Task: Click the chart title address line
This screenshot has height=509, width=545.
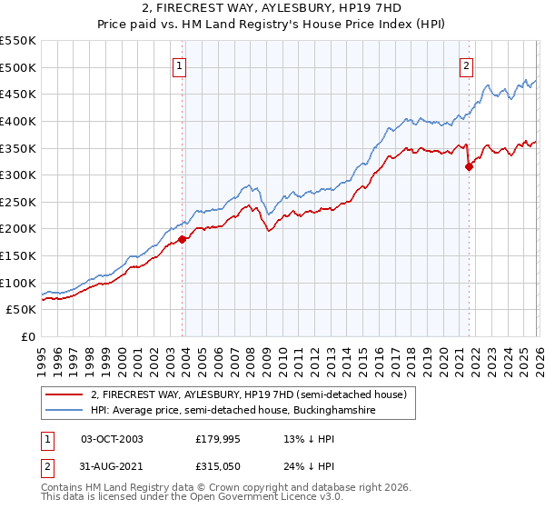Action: click(x=272, y=9)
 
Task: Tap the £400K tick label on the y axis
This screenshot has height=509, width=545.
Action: click(x=18, y=121)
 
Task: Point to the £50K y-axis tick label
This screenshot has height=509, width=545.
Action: click(x=22, y=310)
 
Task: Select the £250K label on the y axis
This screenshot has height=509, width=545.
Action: click(x=18, y=202)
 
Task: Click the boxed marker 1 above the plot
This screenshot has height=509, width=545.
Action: click(x=180, y=65)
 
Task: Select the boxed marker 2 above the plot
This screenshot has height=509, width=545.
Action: click(x=466, y=65)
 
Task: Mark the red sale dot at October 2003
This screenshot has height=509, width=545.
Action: click(x=182, y=239)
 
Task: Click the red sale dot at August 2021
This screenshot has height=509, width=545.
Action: click(x=469, y=166)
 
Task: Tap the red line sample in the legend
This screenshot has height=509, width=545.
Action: click(x=64, y=394)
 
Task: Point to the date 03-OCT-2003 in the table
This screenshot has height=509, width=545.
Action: click(x=112, y=439)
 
